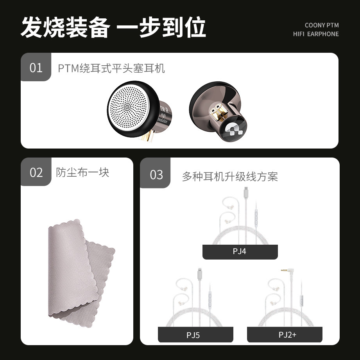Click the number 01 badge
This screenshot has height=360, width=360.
36,67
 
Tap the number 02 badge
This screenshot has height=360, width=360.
36,172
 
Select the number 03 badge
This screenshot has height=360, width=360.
156,174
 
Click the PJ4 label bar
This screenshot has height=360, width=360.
240,252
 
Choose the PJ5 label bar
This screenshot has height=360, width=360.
195,335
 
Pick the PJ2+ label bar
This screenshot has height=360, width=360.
284,335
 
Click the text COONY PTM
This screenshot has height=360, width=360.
321,25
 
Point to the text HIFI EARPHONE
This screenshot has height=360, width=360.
316,34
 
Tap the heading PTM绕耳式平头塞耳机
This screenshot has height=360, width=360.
111,69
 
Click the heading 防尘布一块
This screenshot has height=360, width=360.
82,172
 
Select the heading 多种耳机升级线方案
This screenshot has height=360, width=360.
229,177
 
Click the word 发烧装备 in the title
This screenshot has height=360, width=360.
64,27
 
